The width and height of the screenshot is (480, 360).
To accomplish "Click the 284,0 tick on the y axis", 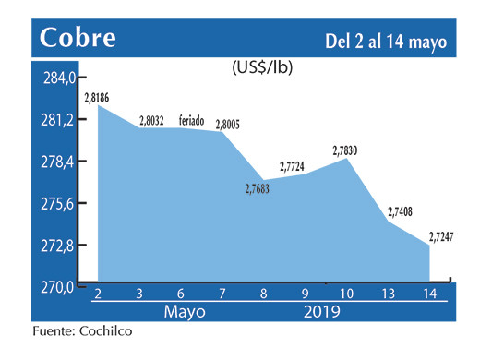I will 54,78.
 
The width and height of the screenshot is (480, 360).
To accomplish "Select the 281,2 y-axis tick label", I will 54,120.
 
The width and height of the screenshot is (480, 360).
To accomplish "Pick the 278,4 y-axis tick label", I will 54,162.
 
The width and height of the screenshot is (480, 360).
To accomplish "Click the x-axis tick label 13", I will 389,294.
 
